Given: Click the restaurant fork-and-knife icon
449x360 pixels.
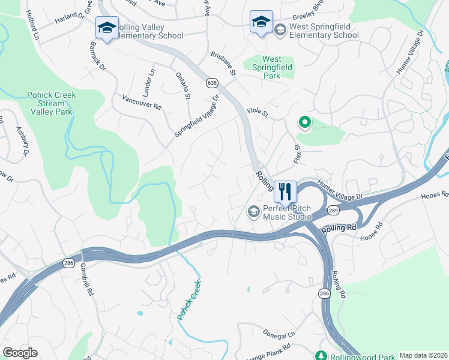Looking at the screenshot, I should click(x=285, y=191).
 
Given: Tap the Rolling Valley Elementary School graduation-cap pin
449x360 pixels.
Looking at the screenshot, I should click(x=107, y=28).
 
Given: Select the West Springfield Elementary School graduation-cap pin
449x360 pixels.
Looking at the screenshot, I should click(x=261, y=23).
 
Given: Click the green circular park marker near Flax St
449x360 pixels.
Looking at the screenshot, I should click(x=304, y=123).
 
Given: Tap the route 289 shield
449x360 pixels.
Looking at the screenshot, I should click(x=334, y=211).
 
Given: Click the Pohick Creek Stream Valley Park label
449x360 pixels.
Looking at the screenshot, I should click(x=50, y=103).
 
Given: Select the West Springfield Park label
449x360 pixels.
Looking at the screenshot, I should click(x=272, y=67).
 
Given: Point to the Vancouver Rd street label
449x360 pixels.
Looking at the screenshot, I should click(x=142, y=102).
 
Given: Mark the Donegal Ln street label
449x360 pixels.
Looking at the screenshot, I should click(x=283, y=334).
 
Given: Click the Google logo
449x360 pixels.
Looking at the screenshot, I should click(x=20, y=353).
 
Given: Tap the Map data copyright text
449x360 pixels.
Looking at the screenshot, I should click(x=423, y=355).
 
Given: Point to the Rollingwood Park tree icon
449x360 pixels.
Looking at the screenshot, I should click(x=322, y=356).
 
